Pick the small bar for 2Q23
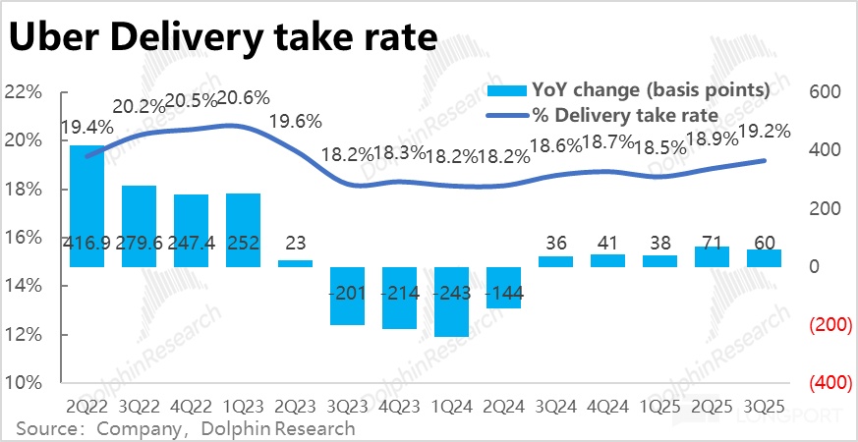click(x=295, y=263)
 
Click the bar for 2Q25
click(x=712, y=256)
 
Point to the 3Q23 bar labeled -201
click(x=347, y=295)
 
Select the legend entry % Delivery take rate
click(x=626, y=115)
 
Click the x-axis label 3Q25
click(x=763, y=405)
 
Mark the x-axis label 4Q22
click(x=191, y=405)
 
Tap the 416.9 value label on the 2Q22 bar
click(x=86, y=242)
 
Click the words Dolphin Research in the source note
click(x=279, y=428)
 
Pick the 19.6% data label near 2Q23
click(x=295, y=122)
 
